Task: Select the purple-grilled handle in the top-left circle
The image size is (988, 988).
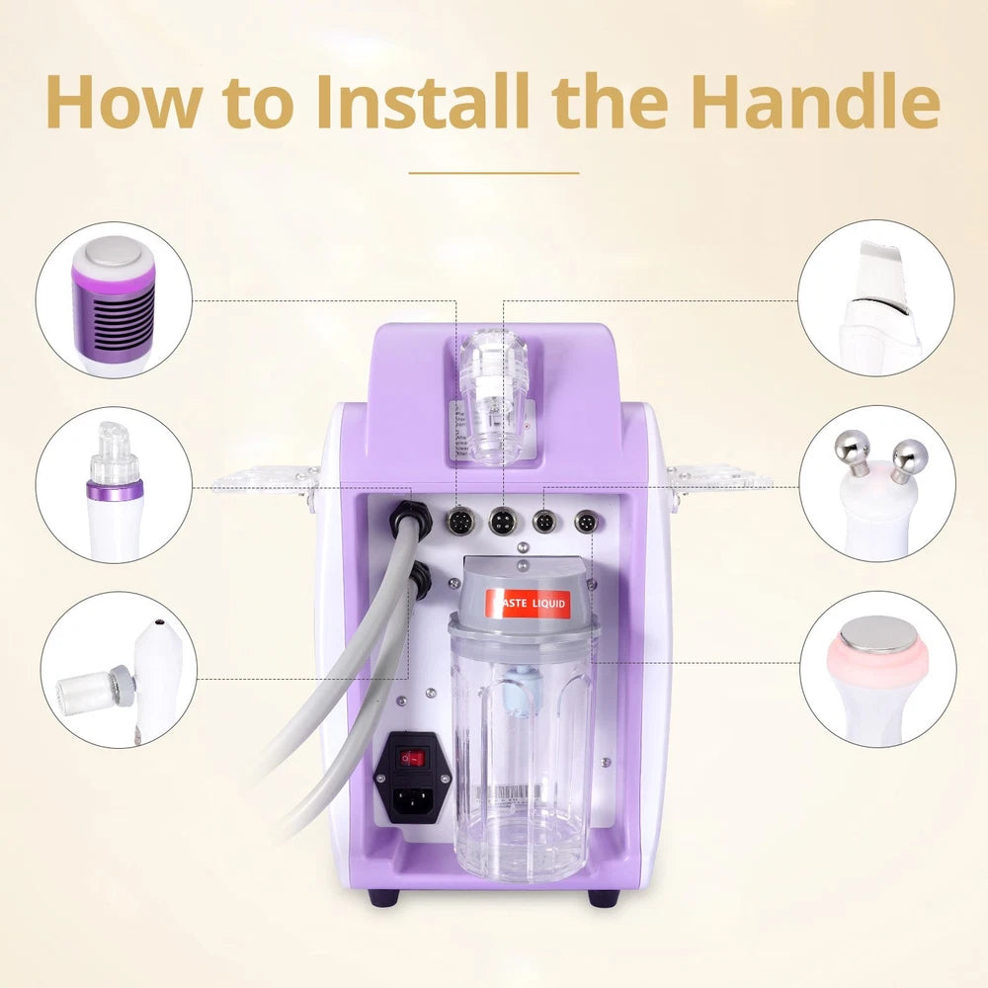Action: pyautogui.click(x=115, y=301)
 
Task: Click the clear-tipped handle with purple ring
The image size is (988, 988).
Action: pyautogui.click(x=115, y=484)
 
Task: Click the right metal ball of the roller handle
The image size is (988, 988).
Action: pyautogui.click(x=910, y=454)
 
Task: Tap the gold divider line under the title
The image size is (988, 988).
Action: pyautogui.click(x=493, y=172)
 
